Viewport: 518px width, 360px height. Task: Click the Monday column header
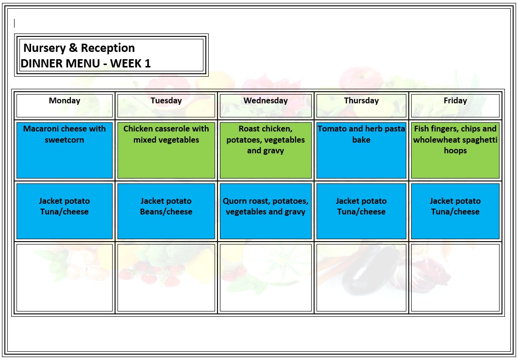(x=65, y=101)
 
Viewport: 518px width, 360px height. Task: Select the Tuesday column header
(x=166, y=101)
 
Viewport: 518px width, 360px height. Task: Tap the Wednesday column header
(x=266, y=101)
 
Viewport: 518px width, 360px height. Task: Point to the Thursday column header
(x=361, y=101)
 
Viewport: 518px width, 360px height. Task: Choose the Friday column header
(x=455, y=101)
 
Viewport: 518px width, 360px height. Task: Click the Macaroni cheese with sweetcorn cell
(x=65, y=150)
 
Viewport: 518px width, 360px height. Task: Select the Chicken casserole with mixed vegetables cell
(x=166, y=150)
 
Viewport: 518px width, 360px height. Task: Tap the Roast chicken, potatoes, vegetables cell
(x=266, y=150)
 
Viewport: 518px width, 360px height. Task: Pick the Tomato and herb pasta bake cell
(x=361, y=150)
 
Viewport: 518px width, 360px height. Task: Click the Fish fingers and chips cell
(x=455, y=150)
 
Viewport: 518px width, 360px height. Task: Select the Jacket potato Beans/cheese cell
(x=166, y=211)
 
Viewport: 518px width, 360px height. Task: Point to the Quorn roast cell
(x=266, y=211)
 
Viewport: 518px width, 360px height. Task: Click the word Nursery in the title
(x=43, y=48)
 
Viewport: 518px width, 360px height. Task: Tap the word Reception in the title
(x=108, y=48)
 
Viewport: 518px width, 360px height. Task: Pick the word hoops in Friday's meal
(x=455, y=150)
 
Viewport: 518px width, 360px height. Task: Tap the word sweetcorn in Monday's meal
(x=65, y=140)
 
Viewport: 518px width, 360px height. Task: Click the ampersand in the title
(x=72, y=48)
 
